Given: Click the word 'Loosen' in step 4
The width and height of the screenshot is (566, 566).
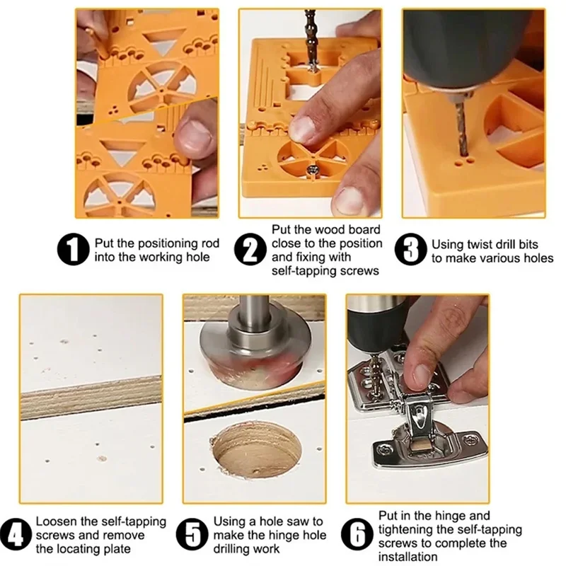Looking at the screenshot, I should tap(57, 521).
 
